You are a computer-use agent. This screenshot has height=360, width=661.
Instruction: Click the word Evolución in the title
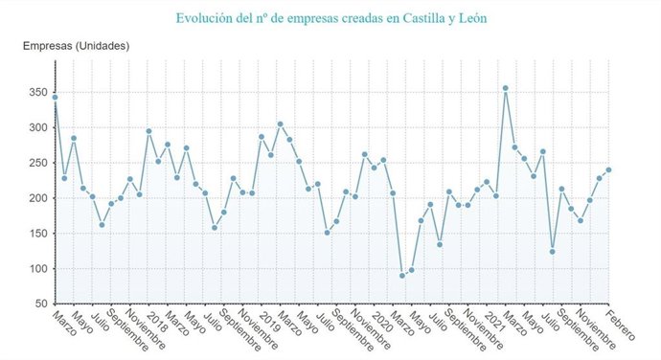pyautogui.click(x=205, y=17)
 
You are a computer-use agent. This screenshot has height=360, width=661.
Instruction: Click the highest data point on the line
pyautogui.click(x=505, y=88)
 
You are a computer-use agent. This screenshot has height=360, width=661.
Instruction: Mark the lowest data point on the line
pyautogui.click(x=402, y=275)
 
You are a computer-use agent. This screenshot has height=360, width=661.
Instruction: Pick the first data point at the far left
pyautogui.click(x=55, y=97)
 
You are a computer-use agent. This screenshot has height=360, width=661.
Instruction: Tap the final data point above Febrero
pyautogui.click(x=608, y=169)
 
